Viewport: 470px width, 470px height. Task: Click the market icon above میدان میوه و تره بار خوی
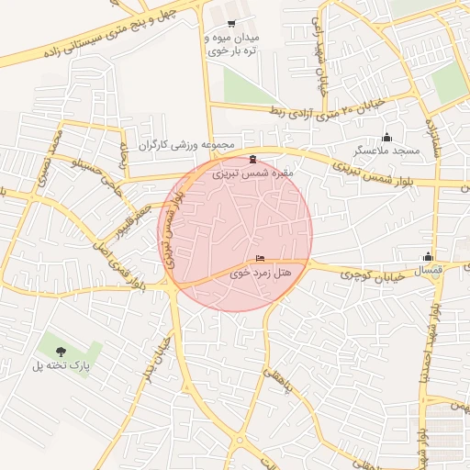(230, 25)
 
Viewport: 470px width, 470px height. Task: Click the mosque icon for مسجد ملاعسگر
(386, 137)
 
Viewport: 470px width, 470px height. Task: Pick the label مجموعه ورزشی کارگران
(187, 145)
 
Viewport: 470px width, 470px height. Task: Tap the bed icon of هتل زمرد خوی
(260, 259)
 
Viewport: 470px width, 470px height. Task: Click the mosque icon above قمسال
(428, 257)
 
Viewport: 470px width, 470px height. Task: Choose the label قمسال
(428, 270)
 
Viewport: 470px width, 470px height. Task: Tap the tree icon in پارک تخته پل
(62, 351)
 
